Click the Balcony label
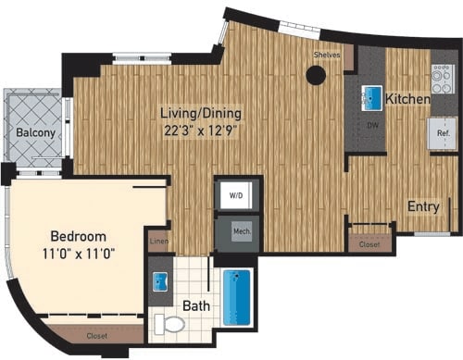click(35, 133)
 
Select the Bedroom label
click(77, 236)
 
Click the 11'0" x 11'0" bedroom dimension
click(77, 254)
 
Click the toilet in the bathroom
click(169, 324)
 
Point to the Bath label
click(194, 304)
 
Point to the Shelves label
click(328, 56)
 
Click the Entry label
click(423, 206)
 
